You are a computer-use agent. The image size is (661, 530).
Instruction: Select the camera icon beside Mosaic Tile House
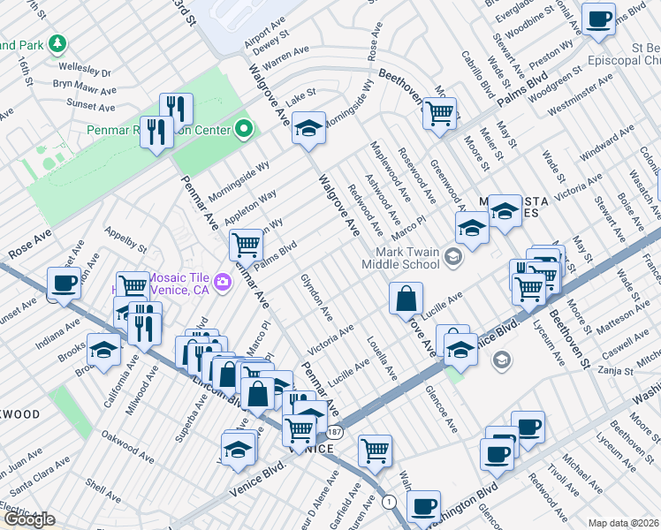tap(223, 281)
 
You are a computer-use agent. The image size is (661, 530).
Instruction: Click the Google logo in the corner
tap(28, 519)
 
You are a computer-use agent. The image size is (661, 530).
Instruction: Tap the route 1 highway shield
tap(390, 502)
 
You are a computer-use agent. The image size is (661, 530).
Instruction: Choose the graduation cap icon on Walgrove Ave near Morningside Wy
tap(308, 128)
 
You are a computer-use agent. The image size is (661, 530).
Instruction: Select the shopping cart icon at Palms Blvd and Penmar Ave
tap(245, 245)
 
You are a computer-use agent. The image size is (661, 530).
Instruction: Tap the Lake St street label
tap(300, 95)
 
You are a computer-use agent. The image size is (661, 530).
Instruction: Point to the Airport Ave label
tap(265, 43)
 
